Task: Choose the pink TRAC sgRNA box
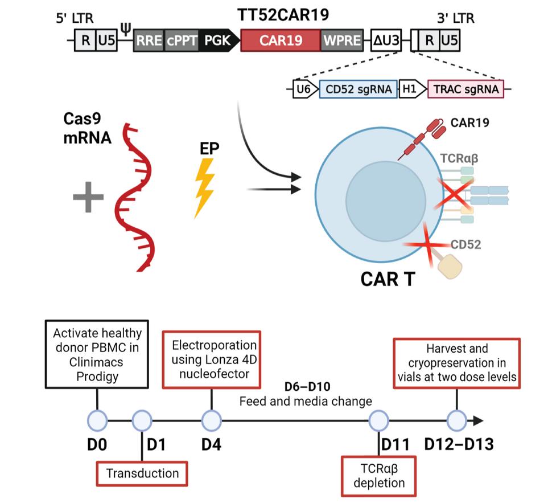[465, 89]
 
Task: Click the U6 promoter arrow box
[303, 89]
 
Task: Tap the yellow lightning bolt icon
[204, 187]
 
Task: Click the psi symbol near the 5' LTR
[125, 27]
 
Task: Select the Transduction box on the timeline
[142, 473]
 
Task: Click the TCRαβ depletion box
[379, 476]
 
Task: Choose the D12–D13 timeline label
[459, 444]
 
